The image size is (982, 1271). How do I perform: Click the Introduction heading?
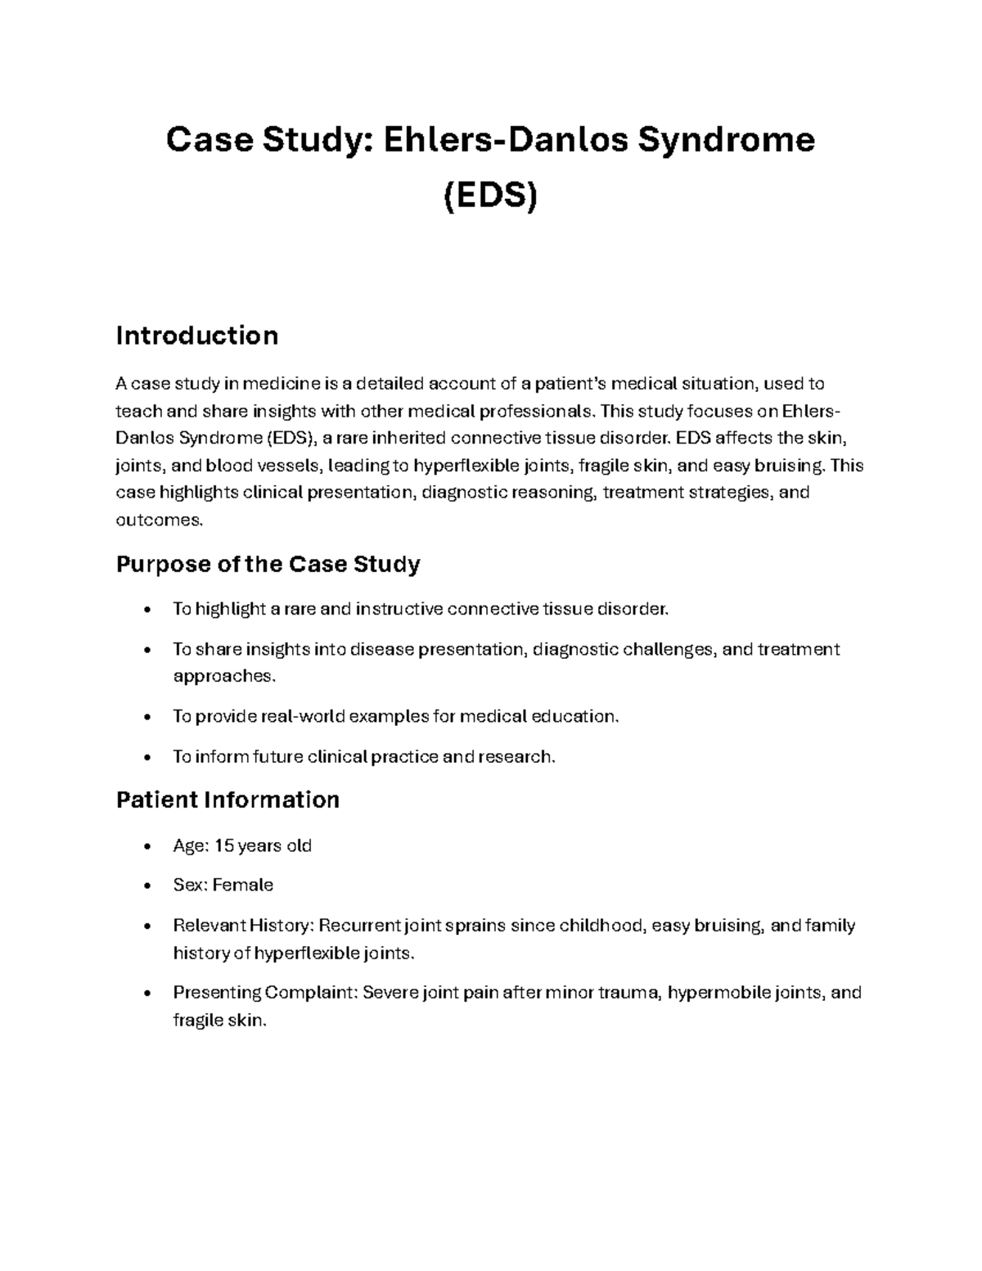tap(197, 336)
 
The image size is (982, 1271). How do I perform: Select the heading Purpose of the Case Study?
tap(268, 564)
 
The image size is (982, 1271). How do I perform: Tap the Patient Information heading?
tap(227, 800)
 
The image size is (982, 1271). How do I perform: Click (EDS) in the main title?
tap(490, 197)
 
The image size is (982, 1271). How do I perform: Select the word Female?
tap(243, 885)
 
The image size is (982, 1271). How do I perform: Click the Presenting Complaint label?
tap(265, 993)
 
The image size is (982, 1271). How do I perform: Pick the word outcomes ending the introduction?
tap(157, 520)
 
